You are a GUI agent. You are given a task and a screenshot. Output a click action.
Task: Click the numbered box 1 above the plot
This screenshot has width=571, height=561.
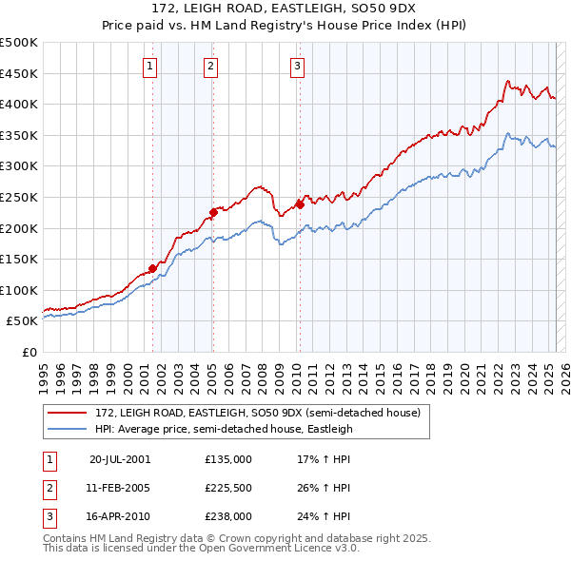(x=151, y=66)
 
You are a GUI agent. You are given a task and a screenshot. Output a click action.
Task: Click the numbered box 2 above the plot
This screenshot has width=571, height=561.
(x=210, y=66)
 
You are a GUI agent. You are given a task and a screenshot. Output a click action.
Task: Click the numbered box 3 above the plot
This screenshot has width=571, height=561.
(x=297, y=66)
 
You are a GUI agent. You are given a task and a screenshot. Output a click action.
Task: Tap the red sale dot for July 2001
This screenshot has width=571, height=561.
(x=152, y=268)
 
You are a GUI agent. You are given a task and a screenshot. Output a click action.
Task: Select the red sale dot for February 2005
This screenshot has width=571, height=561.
(x=213, y=212)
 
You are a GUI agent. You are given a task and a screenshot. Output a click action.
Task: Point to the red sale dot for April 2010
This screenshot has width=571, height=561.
(x=300, y=203)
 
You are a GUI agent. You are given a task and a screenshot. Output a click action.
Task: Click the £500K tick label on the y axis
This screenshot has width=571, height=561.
(x=20, y=43)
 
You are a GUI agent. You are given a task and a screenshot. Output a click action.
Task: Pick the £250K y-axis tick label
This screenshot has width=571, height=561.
(x=20, y=197)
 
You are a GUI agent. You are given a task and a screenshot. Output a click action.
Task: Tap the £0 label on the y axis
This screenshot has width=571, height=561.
(x=29, y=352)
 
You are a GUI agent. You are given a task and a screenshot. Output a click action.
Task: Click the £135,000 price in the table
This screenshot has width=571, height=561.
(x=228, y=458)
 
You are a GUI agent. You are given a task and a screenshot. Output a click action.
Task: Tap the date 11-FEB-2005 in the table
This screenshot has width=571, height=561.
(x=119, y=488)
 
